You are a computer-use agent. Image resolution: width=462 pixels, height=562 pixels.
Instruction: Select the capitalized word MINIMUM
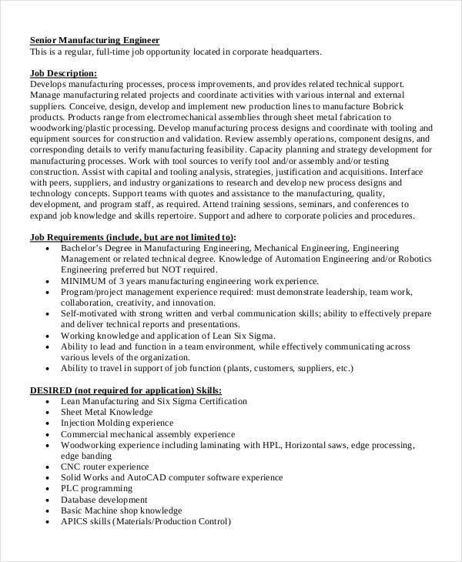(85, 283)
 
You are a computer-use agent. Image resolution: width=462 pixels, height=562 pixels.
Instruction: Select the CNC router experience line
(105, 466)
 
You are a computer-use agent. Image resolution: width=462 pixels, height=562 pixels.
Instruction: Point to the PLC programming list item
(96, 488)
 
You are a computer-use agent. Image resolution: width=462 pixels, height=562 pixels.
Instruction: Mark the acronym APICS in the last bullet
(75, 520)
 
